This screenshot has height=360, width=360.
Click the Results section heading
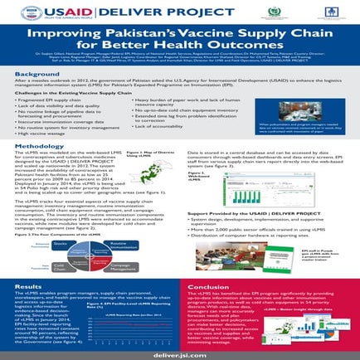point(28,285)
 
